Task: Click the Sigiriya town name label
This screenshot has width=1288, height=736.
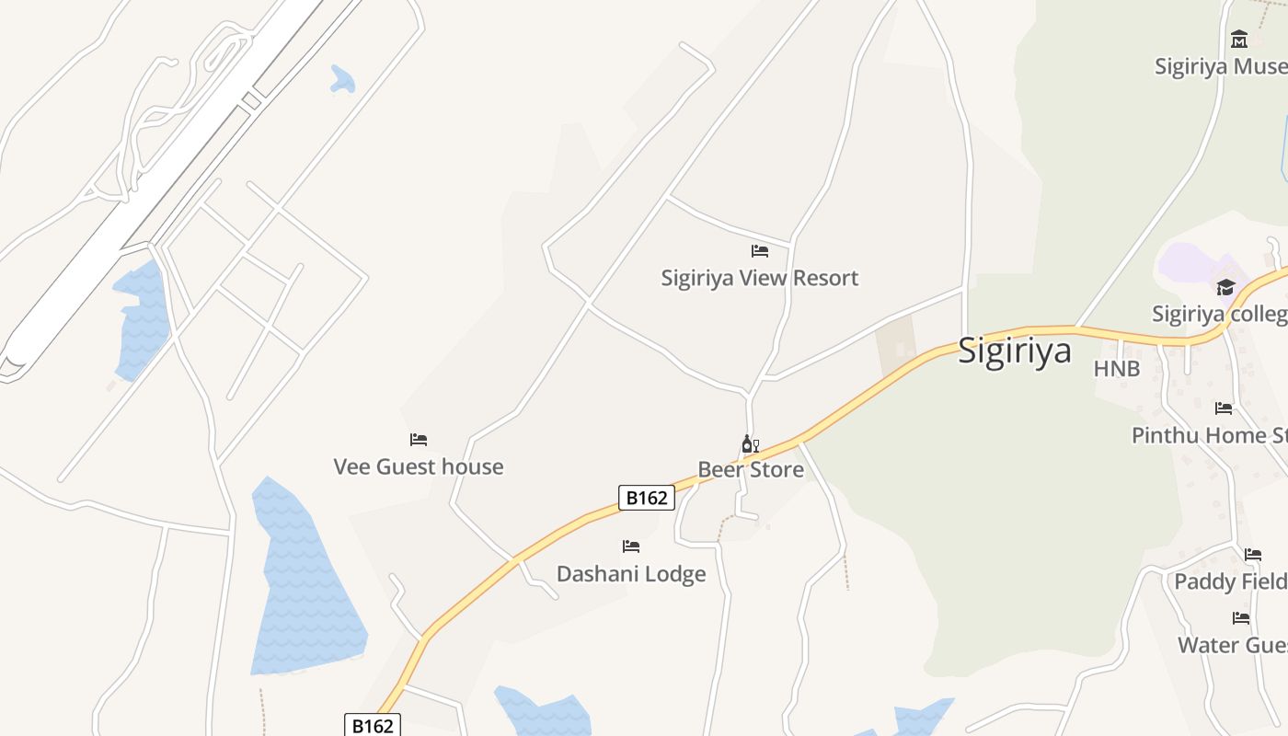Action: [1015, 351]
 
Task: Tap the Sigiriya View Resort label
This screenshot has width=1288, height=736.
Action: [759, 278]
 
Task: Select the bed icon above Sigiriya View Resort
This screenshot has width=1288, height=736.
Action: [760, 250]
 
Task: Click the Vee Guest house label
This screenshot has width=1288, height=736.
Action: [419, 466]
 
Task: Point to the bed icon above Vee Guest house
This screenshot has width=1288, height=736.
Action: [419, 440]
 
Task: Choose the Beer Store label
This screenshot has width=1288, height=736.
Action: [751, 470]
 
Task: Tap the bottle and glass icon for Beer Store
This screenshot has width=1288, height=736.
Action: [750, 444]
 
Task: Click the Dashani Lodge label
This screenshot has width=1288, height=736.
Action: [631, 574]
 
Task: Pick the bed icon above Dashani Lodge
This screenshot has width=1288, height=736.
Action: [631, 546]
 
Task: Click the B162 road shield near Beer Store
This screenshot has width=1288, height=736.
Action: [646, 498]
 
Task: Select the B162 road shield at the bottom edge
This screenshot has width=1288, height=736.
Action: [373, 725]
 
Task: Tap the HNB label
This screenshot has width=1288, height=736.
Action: [1117, 369]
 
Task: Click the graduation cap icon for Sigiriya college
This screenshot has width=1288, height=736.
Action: [1225, 288]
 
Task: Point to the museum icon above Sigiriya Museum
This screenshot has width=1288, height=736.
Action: [1239, 40]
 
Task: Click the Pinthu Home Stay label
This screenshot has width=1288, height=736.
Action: [1209, 435]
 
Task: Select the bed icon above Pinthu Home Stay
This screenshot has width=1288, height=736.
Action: [1224, 408]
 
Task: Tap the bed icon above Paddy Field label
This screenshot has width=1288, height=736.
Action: [1253, 555]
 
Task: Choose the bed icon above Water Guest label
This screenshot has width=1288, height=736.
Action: [1241, 618]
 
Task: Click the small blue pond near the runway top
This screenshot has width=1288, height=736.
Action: [342, 79]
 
